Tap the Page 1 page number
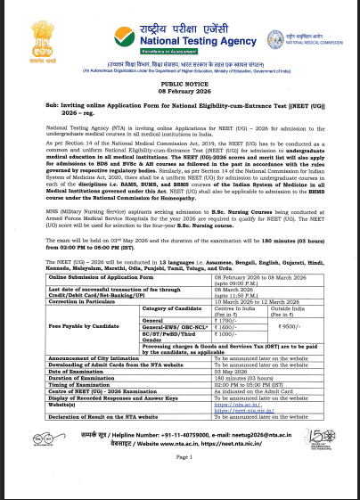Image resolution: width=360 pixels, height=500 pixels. pos(180,484)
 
